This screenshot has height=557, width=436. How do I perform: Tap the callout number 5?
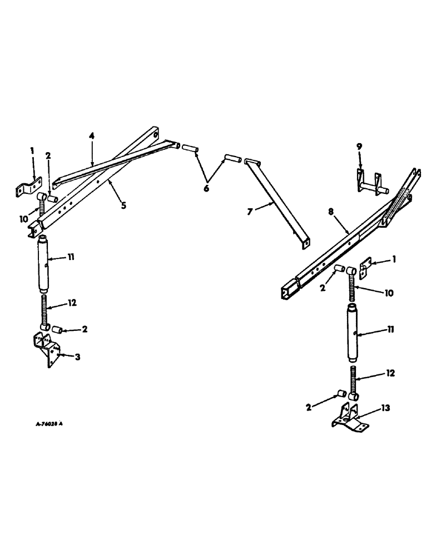pos(123,205)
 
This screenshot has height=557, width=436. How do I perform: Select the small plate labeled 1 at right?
pos(365,269)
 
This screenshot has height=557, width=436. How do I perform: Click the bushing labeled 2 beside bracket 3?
pos(56,330)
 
